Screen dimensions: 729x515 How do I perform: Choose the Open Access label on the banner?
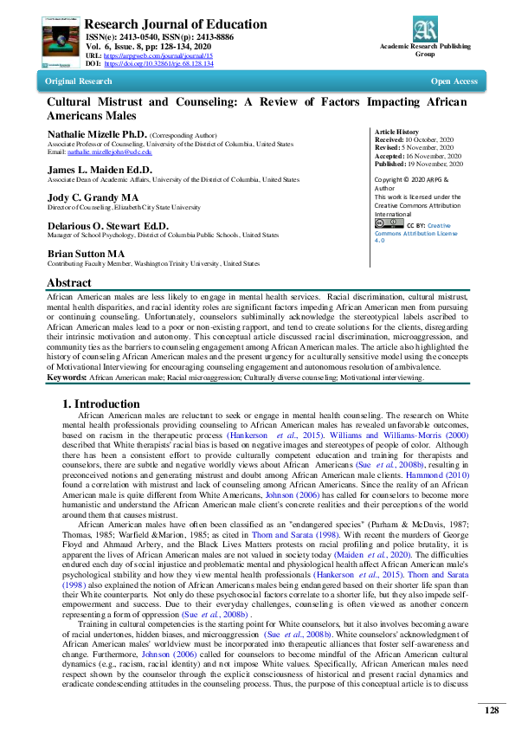[x=454, y=81]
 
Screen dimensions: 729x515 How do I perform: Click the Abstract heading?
[x=69, y=283]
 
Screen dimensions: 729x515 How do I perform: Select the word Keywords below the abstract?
[x=66, y=377]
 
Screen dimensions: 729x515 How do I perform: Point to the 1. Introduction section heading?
[x=100, y=403]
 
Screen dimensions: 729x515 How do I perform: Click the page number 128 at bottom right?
[x=491, y=710]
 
